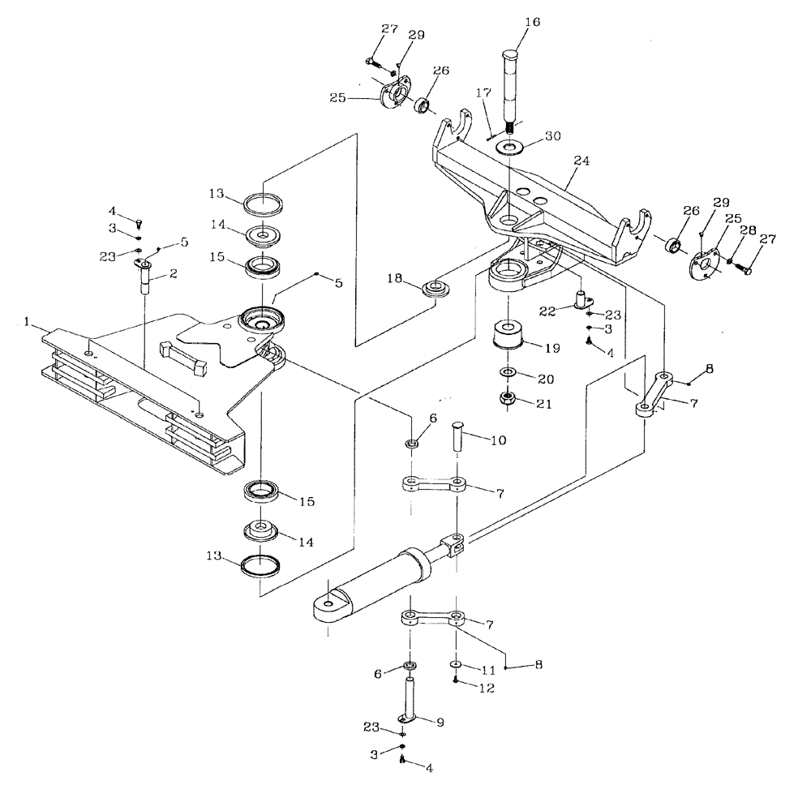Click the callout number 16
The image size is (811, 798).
(532, 23)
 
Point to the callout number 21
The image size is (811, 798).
(543, 403)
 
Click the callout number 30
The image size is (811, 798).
(553, 137)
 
